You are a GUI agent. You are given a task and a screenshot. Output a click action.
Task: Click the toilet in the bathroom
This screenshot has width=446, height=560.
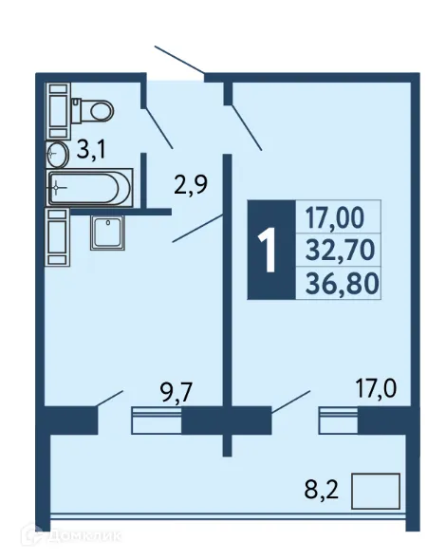pyautogui.click(x=93, y=109)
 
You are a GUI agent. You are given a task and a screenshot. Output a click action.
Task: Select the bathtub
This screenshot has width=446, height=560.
pyautogui.click(x=87, y=188)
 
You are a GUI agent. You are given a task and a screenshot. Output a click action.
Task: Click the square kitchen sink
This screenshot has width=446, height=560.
pyautogui.click(x=107, y=233)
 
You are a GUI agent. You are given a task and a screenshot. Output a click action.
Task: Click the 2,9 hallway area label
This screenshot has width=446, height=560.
pyautogui.click(x=190, y=184)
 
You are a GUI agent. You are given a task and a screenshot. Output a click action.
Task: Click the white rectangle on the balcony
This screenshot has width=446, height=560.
pyautogui.click(x=376, y=493)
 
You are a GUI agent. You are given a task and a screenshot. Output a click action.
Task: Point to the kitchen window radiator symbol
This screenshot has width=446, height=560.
pyautogui.click(x=156, y=420)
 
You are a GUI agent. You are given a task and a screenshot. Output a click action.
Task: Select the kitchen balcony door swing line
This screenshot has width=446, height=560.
pyautogui.click(x=110, y=399)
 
